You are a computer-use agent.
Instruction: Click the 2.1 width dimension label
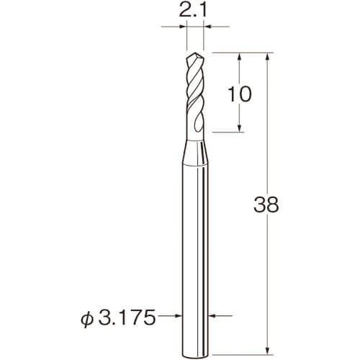pos(192,10)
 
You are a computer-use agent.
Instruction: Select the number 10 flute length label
pos(239,94)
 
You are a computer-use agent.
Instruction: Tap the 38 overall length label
pos(266,204)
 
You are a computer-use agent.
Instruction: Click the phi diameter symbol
pos(86,318)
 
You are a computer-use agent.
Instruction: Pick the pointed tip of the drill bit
pos(194,53)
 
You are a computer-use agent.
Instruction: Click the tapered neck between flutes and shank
pos(195,152)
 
